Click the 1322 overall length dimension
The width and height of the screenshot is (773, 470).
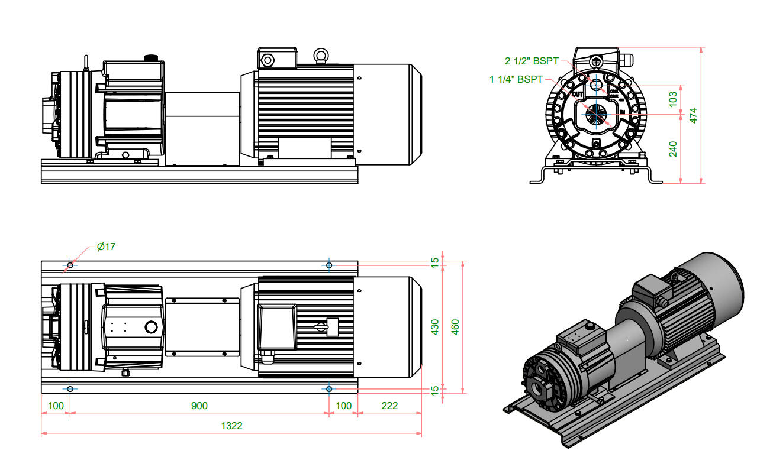tap(232, 426)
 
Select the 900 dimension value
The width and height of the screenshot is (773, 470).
tap(199, 406)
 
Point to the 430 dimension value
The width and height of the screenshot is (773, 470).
tap(435, 326)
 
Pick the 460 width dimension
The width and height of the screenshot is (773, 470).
tap(455, 326)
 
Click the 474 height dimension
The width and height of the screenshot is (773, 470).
tap(694, 115)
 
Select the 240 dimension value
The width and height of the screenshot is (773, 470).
tap(673, 149)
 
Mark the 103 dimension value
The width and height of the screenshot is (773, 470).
tap(673, 98)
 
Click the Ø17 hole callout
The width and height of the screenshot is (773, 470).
tap(106, 247)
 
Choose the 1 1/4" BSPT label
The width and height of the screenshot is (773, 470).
tap(516, 79)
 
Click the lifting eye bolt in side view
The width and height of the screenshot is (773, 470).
tap(321, 56)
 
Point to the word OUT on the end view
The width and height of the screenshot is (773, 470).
tap(578, 94)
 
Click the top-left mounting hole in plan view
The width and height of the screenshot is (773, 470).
tap(70, 265)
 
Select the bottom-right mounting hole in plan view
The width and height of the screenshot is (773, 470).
tap(329, 388)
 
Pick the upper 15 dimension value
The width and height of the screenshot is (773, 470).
tap(435, 261)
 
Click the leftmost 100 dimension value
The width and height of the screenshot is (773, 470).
tap(56, 406)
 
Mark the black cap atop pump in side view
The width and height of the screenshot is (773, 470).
tap(150, 57)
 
